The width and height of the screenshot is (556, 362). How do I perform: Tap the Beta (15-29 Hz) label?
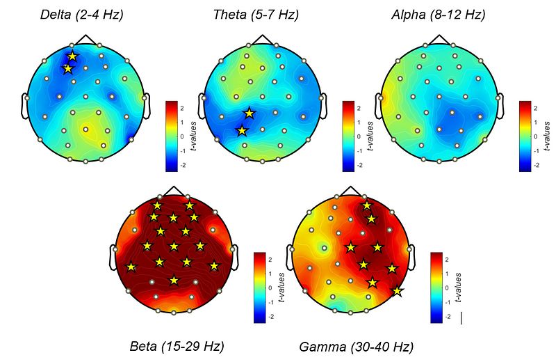(x=177, y=346)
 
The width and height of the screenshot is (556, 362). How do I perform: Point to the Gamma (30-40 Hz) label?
(x=356, y=346)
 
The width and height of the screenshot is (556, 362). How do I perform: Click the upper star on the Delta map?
(x=73, y=56)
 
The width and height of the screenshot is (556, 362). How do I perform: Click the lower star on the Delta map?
(x=67, y=69)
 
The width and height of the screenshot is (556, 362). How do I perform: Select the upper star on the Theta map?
(x=249, y=113)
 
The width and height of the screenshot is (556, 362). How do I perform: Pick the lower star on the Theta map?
(x=242, y=130)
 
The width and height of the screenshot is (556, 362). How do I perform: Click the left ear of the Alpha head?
(x=379, y=104)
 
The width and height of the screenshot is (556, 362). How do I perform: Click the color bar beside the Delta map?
(x=172, y=136)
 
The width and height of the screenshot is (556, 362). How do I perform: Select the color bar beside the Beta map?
(x=261, y=287)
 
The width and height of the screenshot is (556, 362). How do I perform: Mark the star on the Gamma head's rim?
(x=397, y=292)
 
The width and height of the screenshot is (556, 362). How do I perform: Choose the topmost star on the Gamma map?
(x=366, y=205)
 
